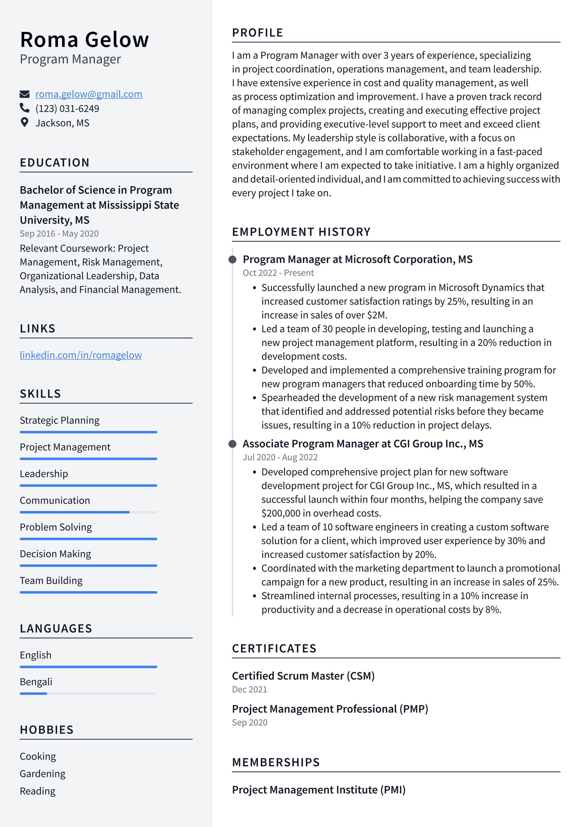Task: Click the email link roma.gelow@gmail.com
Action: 89,94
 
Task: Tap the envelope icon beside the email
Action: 24,94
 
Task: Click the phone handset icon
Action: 24,108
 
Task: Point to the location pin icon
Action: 24,122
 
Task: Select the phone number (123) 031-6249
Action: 67,108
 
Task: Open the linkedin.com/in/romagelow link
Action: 81,355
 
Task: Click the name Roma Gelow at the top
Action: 84,39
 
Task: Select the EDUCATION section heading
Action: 55,163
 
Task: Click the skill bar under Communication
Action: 88,512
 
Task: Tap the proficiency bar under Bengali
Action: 88,693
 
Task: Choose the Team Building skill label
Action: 51,580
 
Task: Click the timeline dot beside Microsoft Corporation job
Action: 233,259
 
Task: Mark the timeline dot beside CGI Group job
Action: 233,444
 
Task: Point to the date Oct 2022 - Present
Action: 278,273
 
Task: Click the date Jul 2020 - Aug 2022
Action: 280,457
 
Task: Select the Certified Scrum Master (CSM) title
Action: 303,676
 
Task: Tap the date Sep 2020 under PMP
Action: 250,722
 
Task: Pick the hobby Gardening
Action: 43,774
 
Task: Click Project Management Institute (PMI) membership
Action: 319,790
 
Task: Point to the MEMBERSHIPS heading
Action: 276,762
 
